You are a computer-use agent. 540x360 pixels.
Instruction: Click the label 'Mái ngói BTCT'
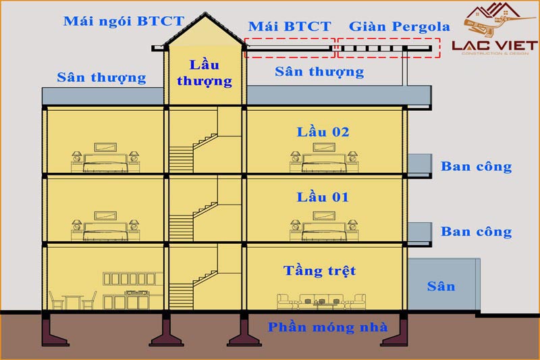(124, 22)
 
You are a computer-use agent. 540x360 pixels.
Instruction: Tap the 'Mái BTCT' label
(290, 26)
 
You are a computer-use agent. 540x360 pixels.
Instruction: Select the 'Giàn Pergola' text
(400, 27)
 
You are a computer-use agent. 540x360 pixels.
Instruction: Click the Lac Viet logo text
(495, 45)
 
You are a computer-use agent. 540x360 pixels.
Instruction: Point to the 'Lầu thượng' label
(205, 73)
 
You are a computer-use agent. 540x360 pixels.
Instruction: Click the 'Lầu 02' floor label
(323, 132)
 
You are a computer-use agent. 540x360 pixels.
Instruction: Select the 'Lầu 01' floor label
(323, 197)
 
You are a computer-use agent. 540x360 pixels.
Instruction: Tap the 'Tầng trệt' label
(319, 271)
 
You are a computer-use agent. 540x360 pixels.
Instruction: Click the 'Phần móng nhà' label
(328, 328)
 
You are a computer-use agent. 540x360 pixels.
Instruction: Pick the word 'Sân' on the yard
(441, 286)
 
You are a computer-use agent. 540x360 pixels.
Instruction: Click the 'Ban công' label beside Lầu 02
(477, 167)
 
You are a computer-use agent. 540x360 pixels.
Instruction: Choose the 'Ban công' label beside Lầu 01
(477, 232)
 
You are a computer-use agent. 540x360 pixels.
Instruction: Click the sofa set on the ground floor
(321, 301)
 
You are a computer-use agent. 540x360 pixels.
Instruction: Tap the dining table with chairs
(73, 301)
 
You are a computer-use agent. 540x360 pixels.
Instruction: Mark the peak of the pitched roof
(205, 13)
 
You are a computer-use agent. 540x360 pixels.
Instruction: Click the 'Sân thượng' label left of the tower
(102, 78)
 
